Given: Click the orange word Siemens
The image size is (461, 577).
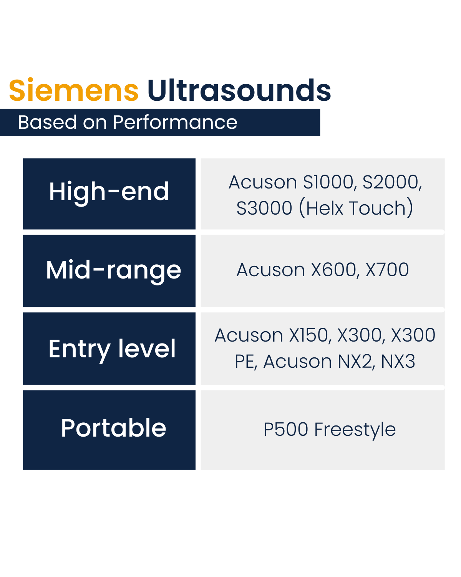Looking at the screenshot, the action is [74, 90].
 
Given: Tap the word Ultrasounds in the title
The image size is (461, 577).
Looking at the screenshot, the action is [239, 90].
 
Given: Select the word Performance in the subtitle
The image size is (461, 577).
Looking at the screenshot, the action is [175, 122].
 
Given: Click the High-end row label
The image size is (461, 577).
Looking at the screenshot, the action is [109, 192].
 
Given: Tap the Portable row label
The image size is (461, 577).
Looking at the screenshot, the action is [114, 428].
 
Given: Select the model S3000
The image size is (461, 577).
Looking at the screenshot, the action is [264, 208].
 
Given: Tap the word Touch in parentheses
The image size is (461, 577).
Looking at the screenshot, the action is [378, 208].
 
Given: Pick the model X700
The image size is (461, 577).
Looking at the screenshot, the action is [387, 270].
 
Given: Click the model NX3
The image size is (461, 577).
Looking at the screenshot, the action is [398, 362].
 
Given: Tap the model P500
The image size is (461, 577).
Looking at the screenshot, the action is [286, 429].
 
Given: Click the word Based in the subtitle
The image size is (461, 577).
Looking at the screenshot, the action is [47, 122].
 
